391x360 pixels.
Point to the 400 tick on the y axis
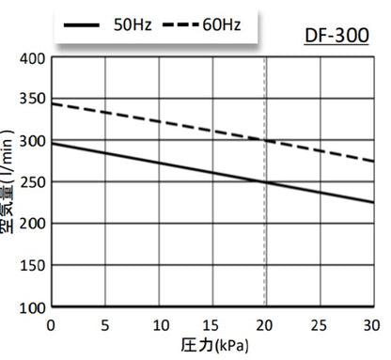pos(34,58)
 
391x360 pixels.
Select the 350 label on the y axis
pos(34,100)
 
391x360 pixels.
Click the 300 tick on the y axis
pos(34,141)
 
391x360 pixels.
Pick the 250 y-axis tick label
pos(34,182)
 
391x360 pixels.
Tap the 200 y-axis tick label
pos(34,224)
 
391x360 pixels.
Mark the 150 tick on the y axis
pos(34,265)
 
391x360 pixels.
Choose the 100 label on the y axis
pos(34,307)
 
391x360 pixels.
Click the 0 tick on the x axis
pos(52,324)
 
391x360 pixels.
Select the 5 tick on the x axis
pos(105,324)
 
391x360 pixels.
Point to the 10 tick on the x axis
pos(159,324)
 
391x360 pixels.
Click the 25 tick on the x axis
pos(321,324)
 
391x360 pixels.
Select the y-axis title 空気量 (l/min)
pos(11,183)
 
